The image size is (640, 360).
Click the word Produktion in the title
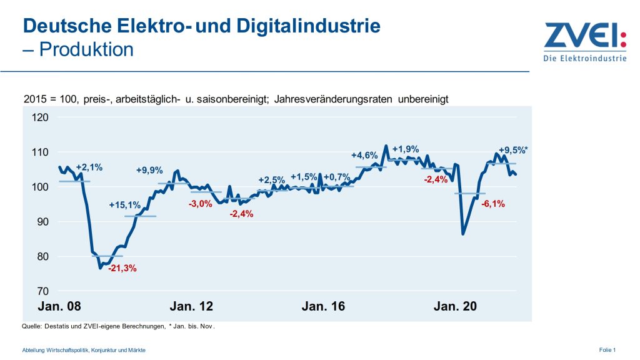pos(86,49)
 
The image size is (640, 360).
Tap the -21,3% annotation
pos(122,269)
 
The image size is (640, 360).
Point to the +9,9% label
pos(149,170)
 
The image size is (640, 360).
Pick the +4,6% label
pos(364,155)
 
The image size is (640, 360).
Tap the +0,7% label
pos(336,176)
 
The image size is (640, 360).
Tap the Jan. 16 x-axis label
pos(323,307)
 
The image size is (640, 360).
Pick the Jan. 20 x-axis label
pos(455,307)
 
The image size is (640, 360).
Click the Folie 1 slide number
pos(607,350)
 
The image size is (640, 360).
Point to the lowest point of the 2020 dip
pos(462,234)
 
